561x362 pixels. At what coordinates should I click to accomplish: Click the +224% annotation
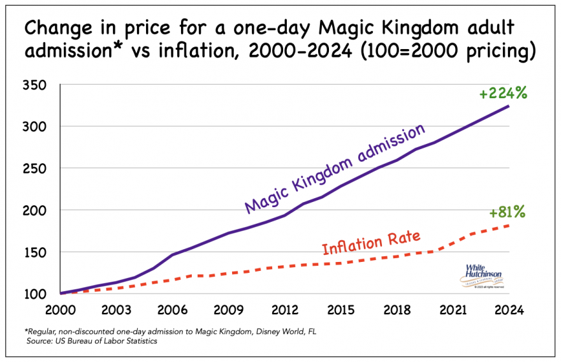(503, 94)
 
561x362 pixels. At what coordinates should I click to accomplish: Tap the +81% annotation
(507, 212)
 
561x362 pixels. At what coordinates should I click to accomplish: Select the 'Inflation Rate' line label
(371, 243)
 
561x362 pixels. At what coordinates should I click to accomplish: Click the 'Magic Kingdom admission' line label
(334, 169)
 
